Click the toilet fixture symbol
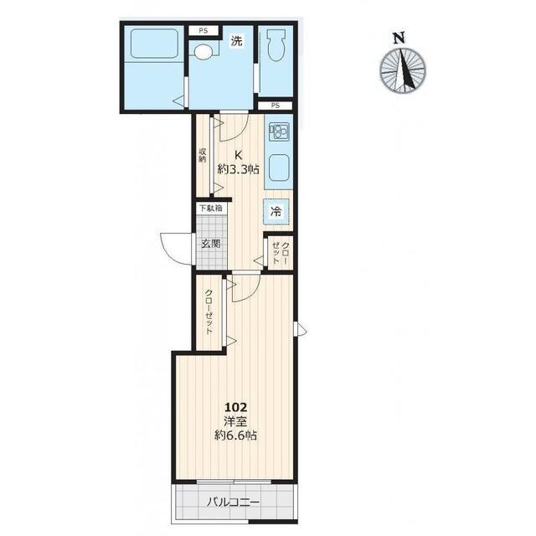(x=276, y=44)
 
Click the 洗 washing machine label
(x=236, y=41)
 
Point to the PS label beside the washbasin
(x=204, y=31)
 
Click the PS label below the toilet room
(x=276, y=106)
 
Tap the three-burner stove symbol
(x=279, y=132)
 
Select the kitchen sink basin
(x=279, y=167)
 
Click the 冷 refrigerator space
(x=276, y=212)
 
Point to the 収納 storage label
(x=203, y=154)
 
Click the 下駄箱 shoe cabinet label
(x=211, y=208)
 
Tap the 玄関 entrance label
(x=210, y=244)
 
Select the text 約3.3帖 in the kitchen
(x=238, y=169)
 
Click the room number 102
(x=235, y=407)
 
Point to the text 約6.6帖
(x=235, y=435)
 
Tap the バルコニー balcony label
(x=234, y=502)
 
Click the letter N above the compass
(x=399, y=38)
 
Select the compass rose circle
(x=403, y=70)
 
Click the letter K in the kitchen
(x=238, y=155)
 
